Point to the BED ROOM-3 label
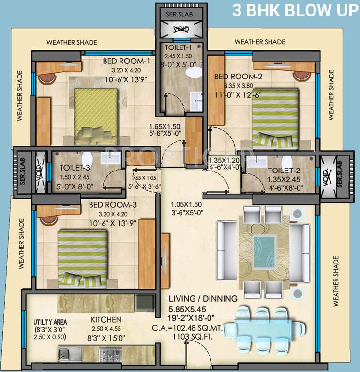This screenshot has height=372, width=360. (x=113, y=205)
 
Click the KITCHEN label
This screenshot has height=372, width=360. (x=106, y=320)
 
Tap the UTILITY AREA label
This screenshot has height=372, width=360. (x=50, y=322)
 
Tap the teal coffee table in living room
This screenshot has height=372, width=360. (x=264, y=246)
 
